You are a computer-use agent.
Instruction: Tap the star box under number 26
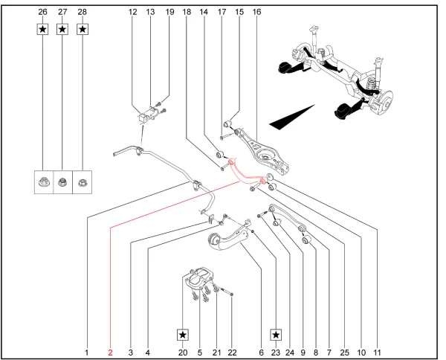point(43,29)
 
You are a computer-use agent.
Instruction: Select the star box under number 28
point(83,29)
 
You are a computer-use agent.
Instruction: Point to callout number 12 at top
point(133,13)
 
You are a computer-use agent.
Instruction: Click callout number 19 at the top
point(169,13)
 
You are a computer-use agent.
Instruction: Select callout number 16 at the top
point(257,13)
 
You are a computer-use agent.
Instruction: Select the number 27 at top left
point(62,13)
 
